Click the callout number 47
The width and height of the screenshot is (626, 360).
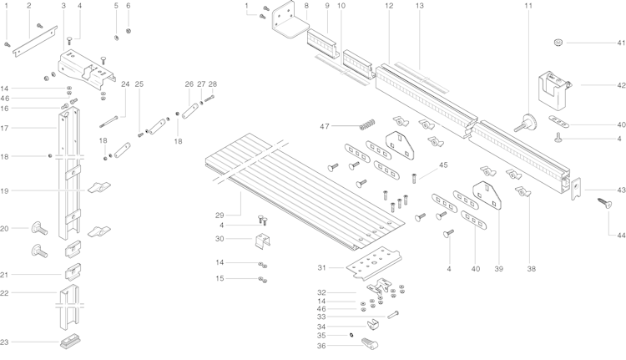(325, 126)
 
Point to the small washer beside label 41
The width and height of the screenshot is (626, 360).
(557, 43)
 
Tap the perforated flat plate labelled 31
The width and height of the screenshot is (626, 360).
(372, 264)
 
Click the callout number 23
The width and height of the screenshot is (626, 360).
(5, 342)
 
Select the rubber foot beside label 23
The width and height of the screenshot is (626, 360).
(69, 342)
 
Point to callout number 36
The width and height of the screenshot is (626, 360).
(321, 345)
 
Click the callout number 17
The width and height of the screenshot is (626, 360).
(5, 128)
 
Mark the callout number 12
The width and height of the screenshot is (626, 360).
(389, 6)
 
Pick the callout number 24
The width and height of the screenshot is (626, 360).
(125, 84)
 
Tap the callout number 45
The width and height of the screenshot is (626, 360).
(443, 165)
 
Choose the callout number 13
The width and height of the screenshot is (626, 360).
(419, 6)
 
